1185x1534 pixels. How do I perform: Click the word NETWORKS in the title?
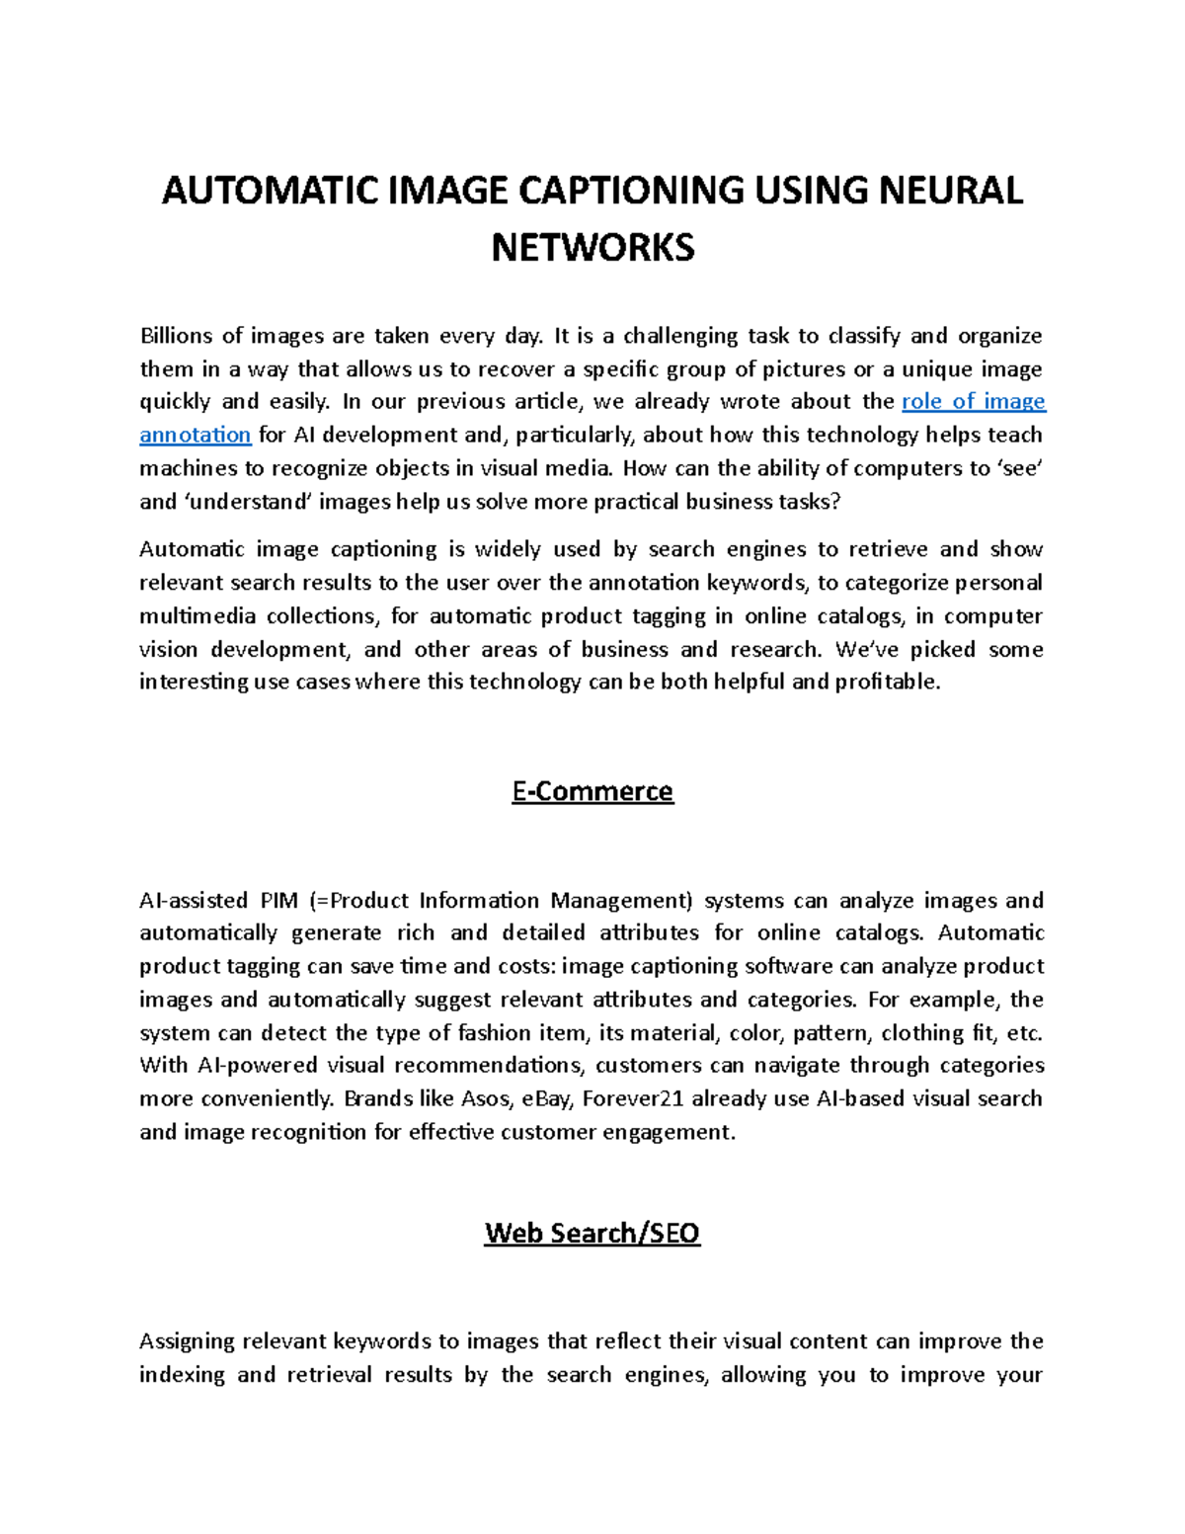tap(592, 246)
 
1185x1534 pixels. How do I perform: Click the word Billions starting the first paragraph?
tap(176, 336)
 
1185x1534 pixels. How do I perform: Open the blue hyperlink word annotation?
tap(196, 435)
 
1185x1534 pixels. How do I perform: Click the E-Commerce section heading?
tap(592, 791)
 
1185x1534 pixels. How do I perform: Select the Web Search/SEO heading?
tap(592, 1233)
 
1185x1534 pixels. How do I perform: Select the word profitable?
tap(888, 682)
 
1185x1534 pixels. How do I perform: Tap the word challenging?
tap(680, 336)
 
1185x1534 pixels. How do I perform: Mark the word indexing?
tap(182, 1375)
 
